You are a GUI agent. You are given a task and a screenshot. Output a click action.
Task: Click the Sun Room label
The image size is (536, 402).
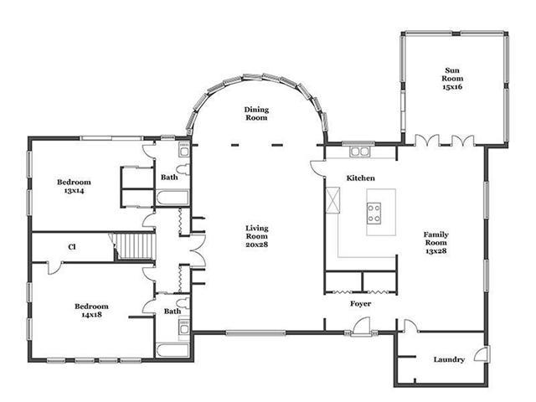click(452, 79)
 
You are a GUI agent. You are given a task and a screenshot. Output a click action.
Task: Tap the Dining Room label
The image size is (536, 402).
click(256, 114)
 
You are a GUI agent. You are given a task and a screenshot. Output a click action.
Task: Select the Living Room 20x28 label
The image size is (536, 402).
click(257, 236)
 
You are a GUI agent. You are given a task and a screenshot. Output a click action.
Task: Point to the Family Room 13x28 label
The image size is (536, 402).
click(435, 242)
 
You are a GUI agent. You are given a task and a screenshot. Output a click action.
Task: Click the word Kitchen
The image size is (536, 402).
click(361, 178)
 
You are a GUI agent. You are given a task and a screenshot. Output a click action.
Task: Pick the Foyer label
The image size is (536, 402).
click(361, 303)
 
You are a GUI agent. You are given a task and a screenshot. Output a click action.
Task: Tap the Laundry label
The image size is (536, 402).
click(449, 359)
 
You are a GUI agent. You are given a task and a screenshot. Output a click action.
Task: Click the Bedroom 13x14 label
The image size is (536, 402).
click(74, 186)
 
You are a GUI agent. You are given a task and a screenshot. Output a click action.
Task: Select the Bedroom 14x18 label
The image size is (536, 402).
click(91, 311)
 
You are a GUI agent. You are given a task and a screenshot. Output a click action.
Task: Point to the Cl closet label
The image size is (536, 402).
click(72, 247)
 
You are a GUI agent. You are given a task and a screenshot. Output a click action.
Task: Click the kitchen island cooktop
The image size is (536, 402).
click(374, 214)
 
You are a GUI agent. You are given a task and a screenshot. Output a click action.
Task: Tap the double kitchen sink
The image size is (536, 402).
click(359, 152)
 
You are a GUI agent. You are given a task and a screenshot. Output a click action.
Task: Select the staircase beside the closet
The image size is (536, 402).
click(135, 246)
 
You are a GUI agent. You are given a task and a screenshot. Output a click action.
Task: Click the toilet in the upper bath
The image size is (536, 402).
click(183, 169)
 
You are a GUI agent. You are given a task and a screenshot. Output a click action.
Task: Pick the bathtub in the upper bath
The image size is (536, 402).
click(173, 198)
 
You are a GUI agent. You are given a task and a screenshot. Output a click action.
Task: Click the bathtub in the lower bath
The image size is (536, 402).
click(173, 350)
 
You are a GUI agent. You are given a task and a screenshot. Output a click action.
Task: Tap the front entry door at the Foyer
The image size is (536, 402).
click(361, 327)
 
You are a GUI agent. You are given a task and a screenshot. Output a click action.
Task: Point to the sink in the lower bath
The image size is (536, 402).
click(184, 328)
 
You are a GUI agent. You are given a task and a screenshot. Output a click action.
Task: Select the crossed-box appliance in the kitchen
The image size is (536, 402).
click(333, 200)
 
